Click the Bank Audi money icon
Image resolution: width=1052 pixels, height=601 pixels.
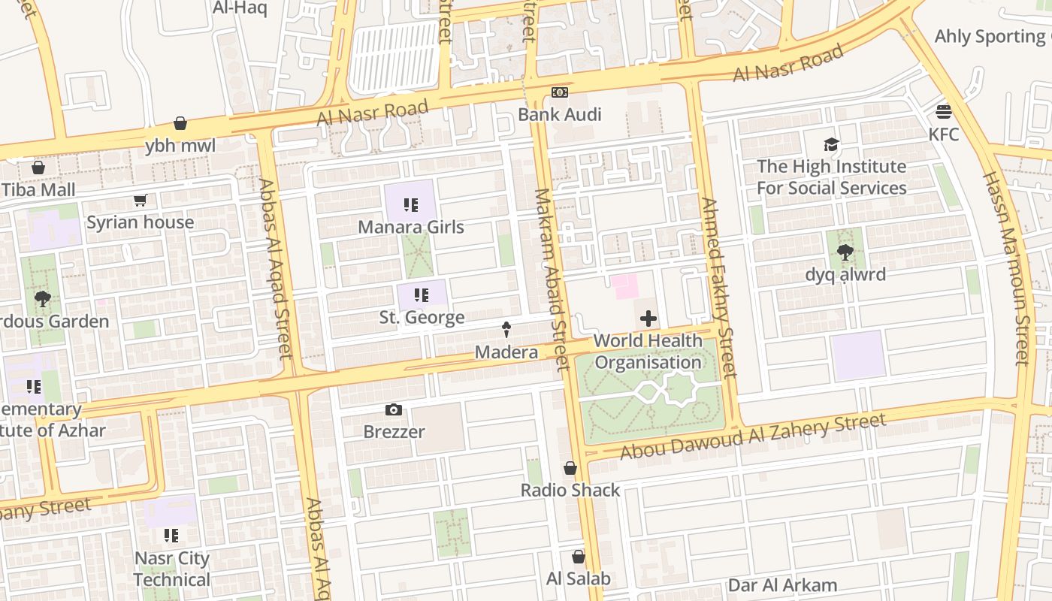point(560,92)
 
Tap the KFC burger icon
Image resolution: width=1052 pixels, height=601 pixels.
point(944,112)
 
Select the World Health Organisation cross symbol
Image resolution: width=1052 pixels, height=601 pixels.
point(648,319)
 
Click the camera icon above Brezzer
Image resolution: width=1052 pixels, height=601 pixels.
point(393,409)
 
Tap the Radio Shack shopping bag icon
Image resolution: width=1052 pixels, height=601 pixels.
point(570,468)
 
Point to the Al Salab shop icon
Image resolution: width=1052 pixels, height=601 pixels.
point(578,557)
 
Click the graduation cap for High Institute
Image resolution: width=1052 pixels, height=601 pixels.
point(831,144)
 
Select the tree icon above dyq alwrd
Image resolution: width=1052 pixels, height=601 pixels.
point(845,252)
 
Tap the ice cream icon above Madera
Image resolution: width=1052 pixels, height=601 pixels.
point(506,329)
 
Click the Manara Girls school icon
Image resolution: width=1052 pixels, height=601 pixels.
point(410,204)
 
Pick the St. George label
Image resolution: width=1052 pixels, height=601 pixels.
point(422,317)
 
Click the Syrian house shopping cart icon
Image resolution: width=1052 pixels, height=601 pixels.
point(140,200)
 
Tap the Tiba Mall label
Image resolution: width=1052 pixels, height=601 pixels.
point(38,189)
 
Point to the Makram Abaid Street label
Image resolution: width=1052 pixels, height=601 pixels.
point(552,279)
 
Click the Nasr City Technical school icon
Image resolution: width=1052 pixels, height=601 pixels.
point(171,536)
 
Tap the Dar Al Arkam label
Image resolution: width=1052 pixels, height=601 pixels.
point(781,585)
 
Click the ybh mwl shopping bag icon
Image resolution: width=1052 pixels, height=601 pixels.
point(180,123)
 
